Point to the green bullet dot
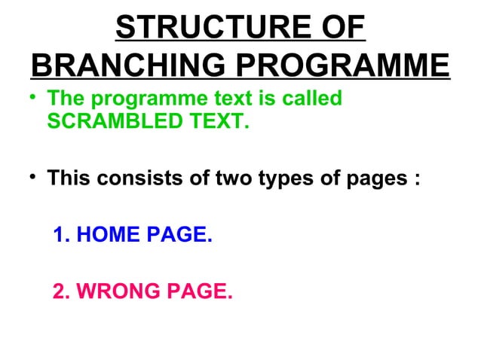(x=36, y=98)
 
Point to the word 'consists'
(x=140, y=181)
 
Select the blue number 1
(x=62, y=236)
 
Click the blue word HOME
(x=105, y=236)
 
